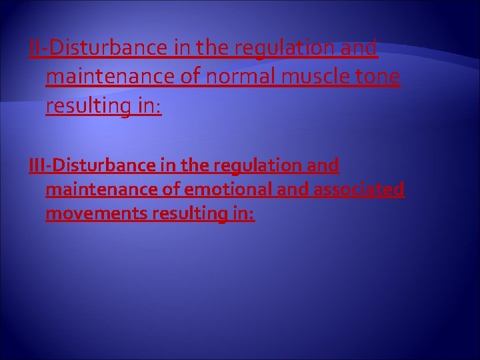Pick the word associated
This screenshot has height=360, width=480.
coord(358,189)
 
